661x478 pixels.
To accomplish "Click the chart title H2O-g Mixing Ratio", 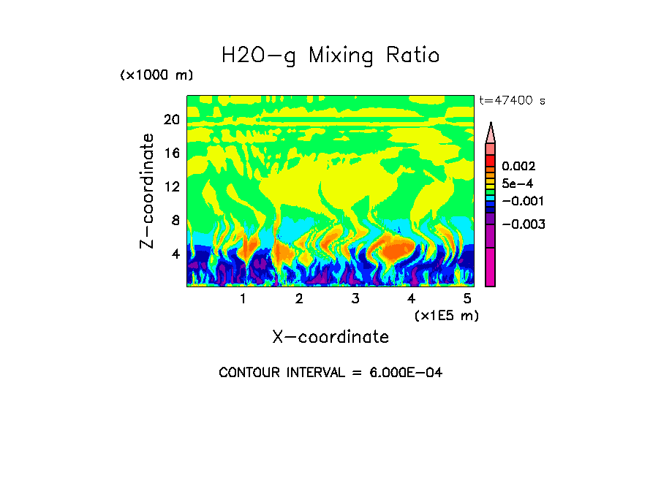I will coord(330,56).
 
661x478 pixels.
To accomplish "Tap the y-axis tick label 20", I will coord(171,120).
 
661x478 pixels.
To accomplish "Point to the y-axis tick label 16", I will coord(171,153).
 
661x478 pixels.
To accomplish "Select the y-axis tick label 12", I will coord(171,186).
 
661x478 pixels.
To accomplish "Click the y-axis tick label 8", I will coord(175,220).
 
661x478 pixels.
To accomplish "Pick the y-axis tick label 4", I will coord(175,254).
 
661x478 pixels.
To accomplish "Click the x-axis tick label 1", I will coord(243,299).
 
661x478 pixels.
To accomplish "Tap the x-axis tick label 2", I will coord(299,299).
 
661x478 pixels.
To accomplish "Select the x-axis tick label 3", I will coord(355,299).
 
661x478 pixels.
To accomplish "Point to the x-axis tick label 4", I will coord(411,299).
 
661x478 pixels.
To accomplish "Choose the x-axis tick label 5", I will coord(467,299).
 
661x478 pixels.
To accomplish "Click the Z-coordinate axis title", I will coord(148,191).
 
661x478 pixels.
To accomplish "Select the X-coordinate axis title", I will coord(330,337).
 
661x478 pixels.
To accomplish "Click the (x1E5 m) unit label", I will coord(446,315).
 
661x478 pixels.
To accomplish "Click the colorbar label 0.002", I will coord(518,167).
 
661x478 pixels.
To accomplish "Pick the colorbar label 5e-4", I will coord(517,183).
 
